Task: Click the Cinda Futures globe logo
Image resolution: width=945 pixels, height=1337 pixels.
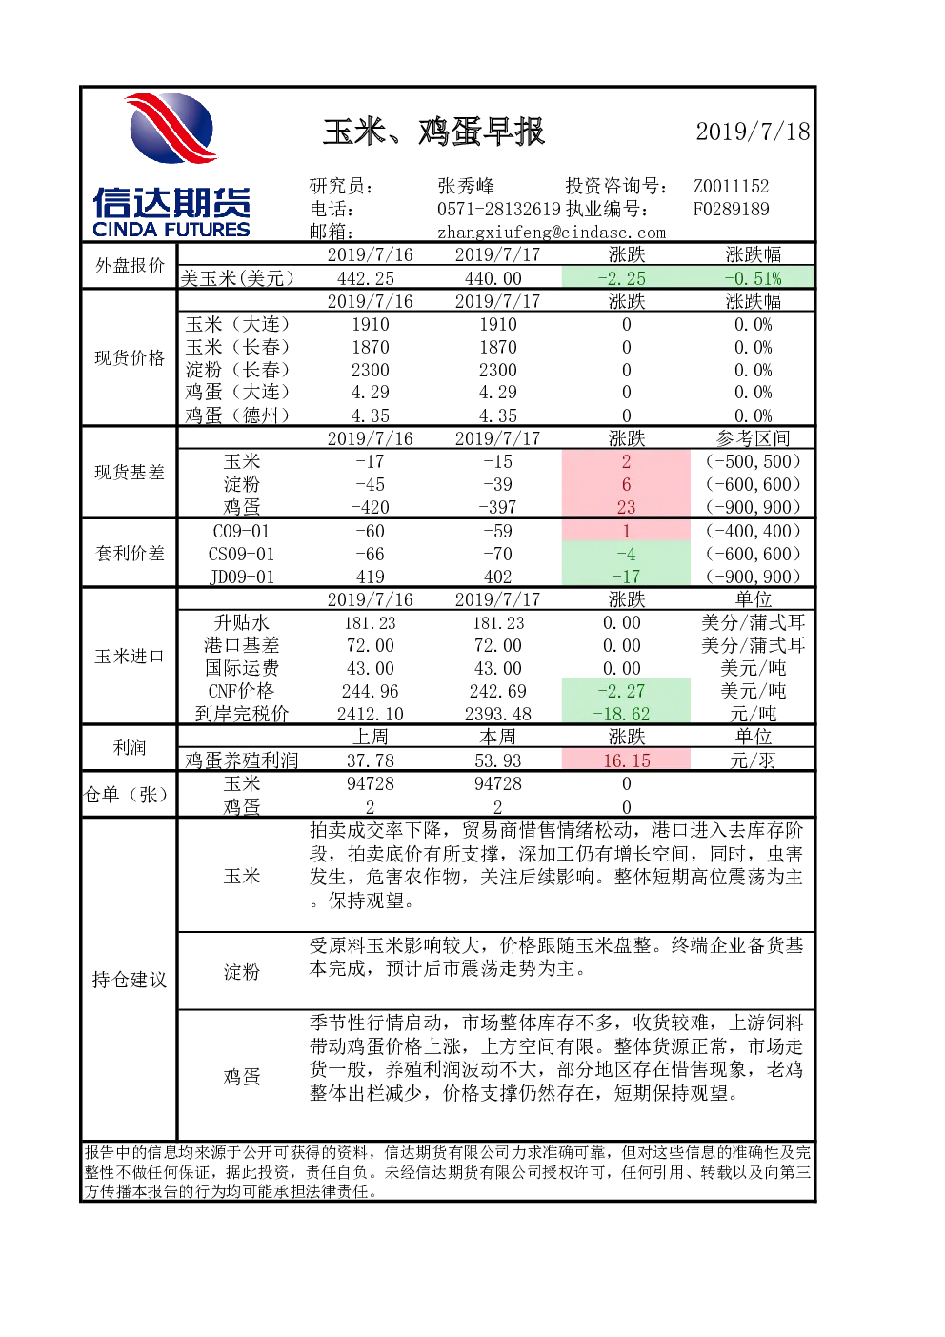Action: coord(171,128)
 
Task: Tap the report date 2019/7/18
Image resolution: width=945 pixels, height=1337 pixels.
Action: coord(753,132)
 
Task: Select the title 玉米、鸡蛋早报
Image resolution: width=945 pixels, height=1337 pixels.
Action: coord(433,132)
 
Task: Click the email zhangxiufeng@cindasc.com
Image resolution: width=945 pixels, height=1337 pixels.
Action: coord(552,233)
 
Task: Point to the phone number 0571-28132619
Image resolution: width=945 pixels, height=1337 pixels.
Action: coord(499,209)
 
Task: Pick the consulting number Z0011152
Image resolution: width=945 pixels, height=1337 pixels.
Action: coord(731,186)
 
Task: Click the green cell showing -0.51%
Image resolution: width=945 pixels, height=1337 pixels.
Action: coord(753,278)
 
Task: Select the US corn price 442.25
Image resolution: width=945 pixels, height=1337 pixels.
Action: coord(370,278)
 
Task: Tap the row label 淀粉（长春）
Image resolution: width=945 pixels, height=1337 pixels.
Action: coord(237,370)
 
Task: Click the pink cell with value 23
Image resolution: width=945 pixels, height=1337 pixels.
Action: coord(626,507)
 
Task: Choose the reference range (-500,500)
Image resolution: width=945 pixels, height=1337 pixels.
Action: coord(753,461)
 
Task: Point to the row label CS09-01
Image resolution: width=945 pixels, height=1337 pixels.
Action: coord(241,554)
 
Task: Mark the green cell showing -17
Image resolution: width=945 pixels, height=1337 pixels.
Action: coord(626,577)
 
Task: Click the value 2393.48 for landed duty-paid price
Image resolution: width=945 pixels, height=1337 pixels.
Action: coord(498,714)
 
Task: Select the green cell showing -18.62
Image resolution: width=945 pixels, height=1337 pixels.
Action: coord(626,714)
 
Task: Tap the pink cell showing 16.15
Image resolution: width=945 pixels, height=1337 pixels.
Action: coord(626,760)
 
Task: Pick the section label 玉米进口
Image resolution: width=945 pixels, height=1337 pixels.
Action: coord(129,657)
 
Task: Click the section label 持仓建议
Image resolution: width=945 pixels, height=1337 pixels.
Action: coord(129,980)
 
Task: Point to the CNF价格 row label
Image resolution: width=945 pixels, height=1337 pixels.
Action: coord(241,691)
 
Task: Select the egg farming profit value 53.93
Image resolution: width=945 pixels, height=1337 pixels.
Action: coord(498,760)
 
